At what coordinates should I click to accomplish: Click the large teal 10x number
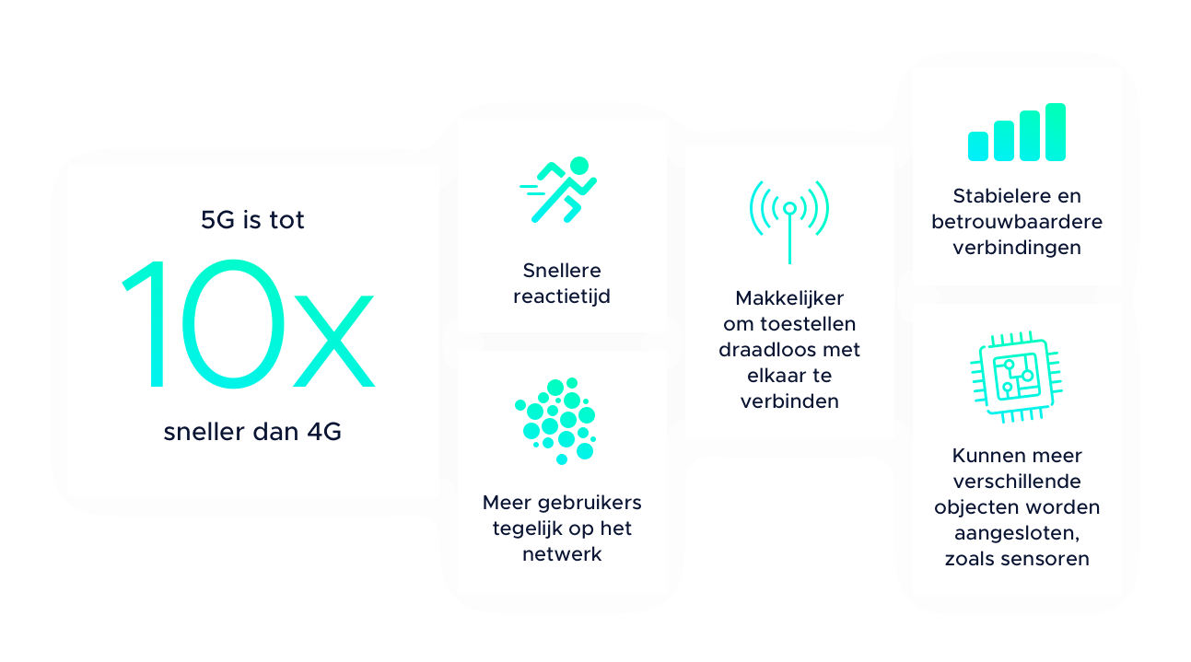pyautogui.click(x=249, y=323)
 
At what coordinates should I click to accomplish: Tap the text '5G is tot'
pyautogui.click(x=252, y=220)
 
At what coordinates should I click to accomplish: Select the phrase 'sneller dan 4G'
pyautogui.click(x=252, y=431)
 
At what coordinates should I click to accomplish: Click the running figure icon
pyautogui.click(x=560, y=190)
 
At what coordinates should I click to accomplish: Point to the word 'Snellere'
pyautogui.click(x=561, y=271)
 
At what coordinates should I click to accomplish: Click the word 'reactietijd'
pyautogui.click(x=561, y=296)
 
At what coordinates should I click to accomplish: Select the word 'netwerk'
pyautogui.click(x=561, y=554)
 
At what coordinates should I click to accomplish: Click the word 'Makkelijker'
pyautogui.click(x=789, y=298)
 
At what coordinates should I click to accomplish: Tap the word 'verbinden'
pyautogui.click(x=789, y=401)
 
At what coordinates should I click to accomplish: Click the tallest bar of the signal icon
pyautogui.click(x=1056, y=132)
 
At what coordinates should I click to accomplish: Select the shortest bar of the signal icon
pyautogui.click(x=978, y=145)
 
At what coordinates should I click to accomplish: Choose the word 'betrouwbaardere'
pyautogui.click(x=1017, y=222)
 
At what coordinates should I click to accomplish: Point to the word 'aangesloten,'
pyautogui.click(x=1017, y=533)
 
